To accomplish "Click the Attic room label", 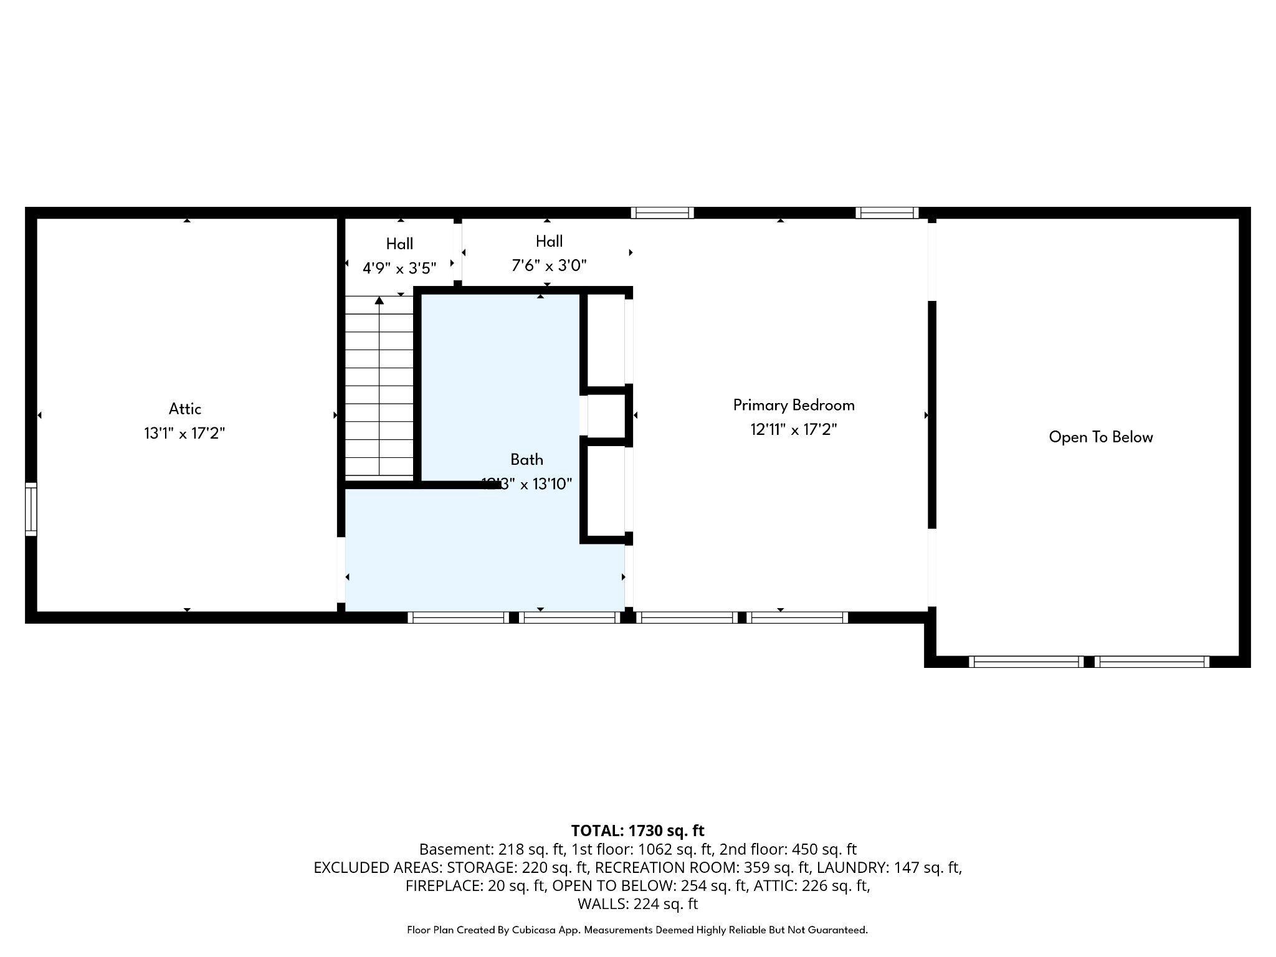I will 185,409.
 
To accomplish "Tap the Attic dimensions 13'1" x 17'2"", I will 184,434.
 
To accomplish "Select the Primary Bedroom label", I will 793,406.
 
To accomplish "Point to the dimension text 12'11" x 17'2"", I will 793,430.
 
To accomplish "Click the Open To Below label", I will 1100,437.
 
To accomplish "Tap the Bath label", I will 526,460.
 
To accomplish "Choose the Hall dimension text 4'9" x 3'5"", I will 399,269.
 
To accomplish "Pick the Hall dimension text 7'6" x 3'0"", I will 549,266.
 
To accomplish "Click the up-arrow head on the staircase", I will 379,301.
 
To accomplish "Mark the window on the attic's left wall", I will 31,509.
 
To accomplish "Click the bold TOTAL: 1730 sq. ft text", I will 637,831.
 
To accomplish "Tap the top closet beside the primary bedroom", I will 606,340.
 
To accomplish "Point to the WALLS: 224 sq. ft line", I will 637,903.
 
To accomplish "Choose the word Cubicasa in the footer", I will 535,930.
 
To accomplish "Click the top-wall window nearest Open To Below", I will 887,213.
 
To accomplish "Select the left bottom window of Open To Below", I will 1026,662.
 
